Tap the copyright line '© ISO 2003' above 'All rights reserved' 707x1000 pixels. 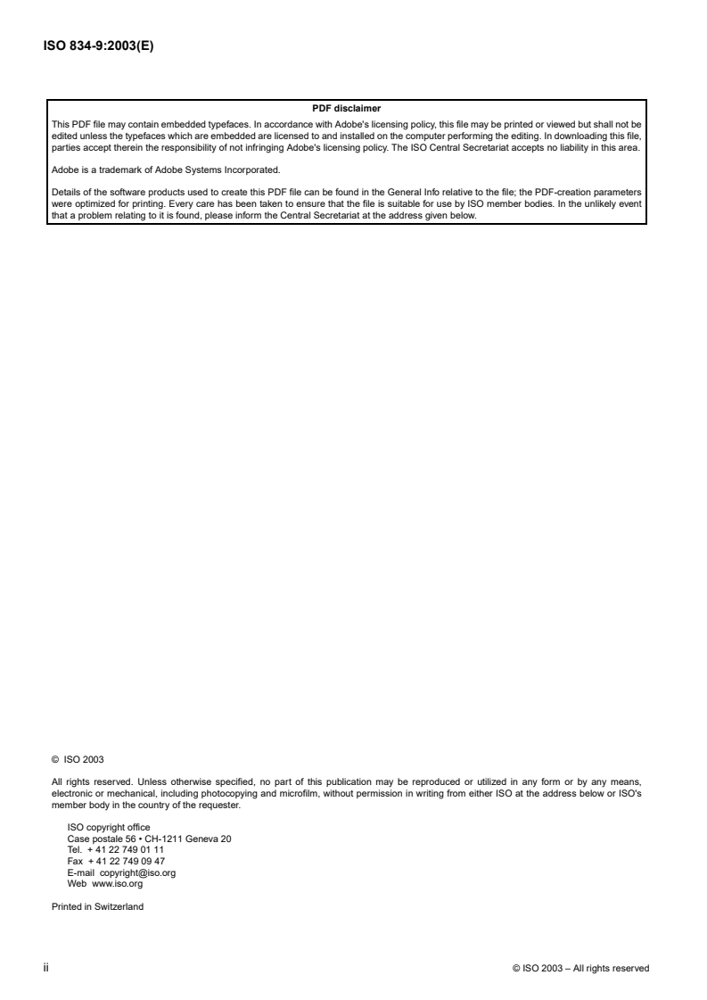tap(78, 760)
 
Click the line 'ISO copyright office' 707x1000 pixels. tap(109, 827)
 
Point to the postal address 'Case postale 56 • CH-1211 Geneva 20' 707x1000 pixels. tap(150, 837)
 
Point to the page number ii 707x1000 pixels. tap(46, 968)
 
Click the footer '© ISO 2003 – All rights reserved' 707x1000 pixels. tap(581, 968)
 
